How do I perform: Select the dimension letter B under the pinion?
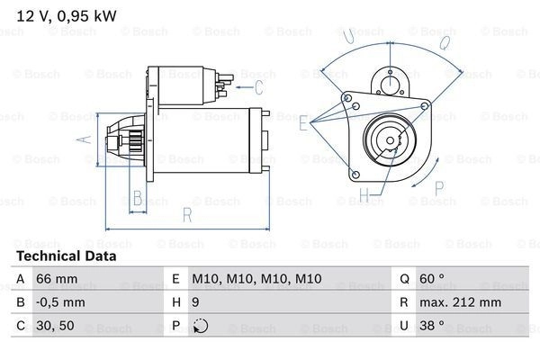click(x=138, y=199)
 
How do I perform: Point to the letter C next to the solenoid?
click(x=258, y=87)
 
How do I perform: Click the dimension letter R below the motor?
click(x=186, y=216)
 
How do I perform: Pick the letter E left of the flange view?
click(x=303, y=125)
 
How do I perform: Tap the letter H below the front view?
click(x=365, y=193)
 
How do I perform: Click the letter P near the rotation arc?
click(x=440, y=187)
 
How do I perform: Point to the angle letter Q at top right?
click(x=445, y=41)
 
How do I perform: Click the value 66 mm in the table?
click(x=56, y=280)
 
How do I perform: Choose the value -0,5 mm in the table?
click(x=60, y=303)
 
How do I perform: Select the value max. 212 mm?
click(x=463, y=303)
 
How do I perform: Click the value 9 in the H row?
click(x=196, y=303)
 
